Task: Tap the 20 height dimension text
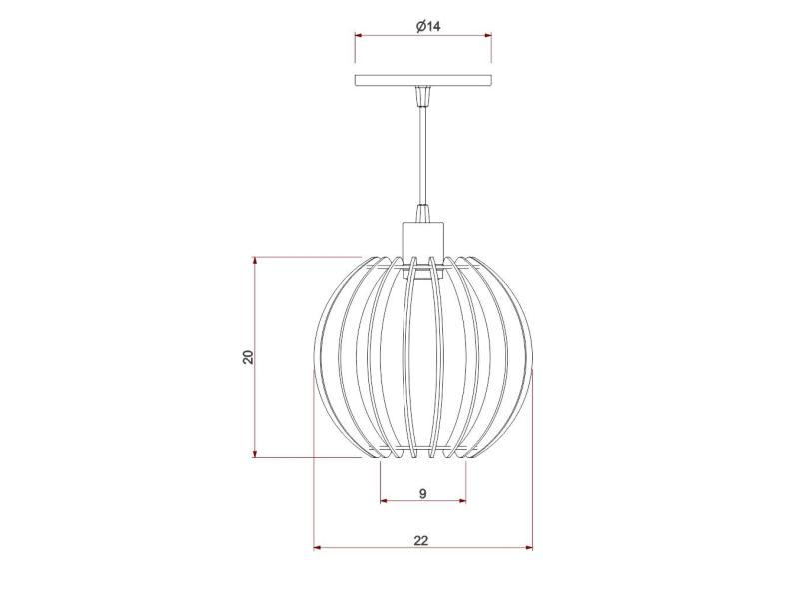(x=248, y=357)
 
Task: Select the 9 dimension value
(x=423, y=493)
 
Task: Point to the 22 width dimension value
(x=421, y=540)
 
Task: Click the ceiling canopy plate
(x=423, y=79)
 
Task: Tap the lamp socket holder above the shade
(x=423, y=240)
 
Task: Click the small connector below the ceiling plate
(x=423, y=96)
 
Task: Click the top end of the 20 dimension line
(x=256, y=258)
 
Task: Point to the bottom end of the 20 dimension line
(x=256, y=458)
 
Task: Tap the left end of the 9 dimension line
(x=381, y=501)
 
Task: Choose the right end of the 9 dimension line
(x=466, y=501)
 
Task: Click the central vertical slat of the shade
(x=423, y=360)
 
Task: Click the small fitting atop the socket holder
(x=423, y=213)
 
